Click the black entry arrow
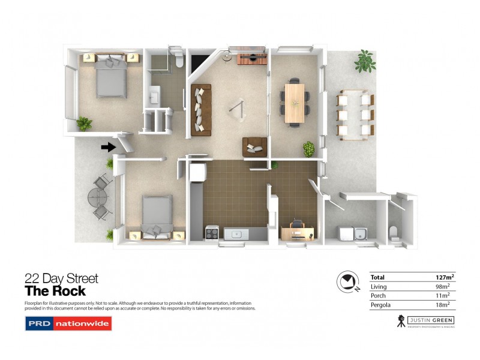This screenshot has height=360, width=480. click(108, 146)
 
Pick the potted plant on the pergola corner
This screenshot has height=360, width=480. click(365, 61)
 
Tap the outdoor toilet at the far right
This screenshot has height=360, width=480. click(394, 232)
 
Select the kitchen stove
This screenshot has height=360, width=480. click(213, 232)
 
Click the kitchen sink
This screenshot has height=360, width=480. click(236, 233)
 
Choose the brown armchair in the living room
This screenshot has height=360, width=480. click(254, 146)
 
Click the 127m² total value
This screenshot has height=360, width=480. click(444, 277)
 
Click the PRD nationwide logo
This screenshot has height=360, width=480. click(68, 324)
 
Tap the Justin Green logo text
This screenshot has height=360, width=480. click(430, 320)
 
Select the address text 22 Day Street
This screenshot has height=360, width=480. click(61, 278)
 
